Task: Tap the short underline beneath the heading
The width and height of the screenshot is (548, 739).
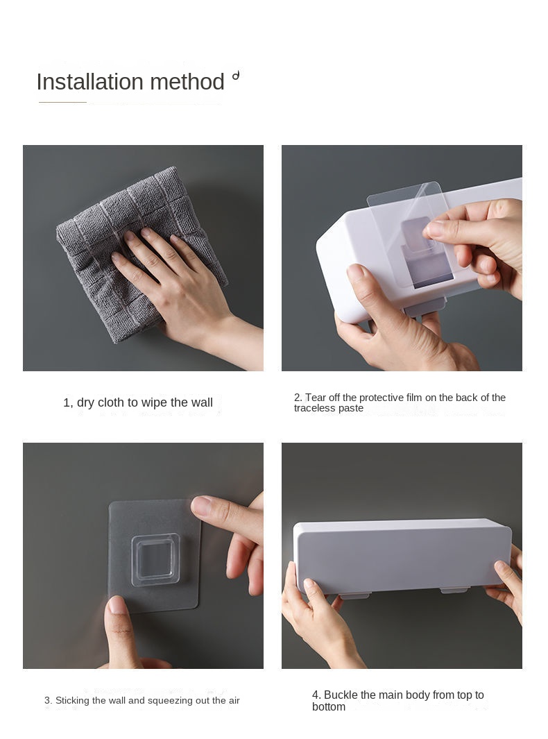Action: (x=62, y=102)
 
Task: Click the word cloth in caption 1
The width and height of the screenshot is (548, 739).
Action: (x=111, y=402)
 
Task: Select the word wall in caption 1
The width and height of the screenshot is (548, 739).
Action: (x=202, y=402)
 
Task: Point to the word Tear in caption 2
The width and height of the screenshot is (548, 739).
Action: (x=316, y=398)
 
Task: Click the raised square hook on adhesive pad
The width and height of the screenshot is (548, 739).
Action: (x=155, y=559)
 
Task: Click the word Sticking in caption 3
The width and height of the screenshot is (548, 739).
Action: (x=73, y=700)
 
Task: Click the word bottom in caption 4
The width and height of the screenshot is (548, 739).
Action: (x=329, y=707)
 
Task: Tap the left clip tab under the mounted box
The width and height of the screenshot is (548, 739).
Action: (x=354, y=595)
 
